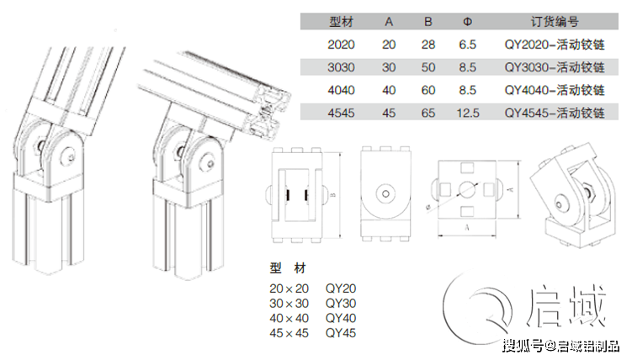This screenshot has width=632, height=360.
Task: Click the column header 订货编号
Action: point(555,21)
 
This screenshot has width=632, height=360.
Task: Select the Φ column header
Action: point(468,21)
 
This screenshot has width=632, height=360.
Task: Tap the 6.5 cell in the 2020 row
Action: point(468,45)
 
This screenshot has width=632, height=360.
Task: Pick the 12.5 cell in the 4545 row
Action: point(468,113)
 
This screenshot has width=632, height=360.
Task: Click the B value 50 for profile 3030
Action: point(428,67)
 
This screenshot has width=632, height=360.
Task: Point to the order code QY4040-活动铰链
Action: point(555,90)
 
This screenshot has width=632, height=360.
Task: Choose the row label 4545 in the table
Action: point(341,113)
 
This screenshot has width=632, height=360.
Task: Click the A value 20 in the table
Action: point(389,45)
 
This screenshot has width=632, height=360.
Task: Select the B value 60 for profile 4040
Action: point(428,90)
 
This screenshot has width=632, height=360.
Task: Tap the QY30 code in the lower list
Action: point(341,303)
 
